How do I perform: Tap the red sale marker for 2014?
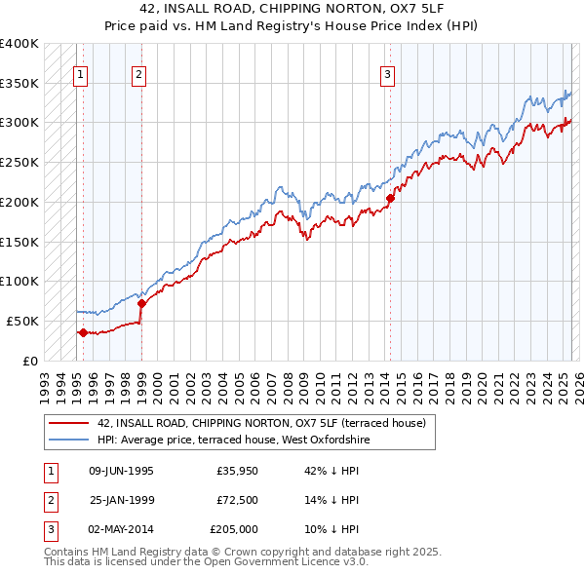(x=390, y=198)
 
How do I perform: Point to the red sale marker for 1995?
(x=83, y=332)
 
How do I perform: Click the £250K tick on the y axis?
(x=19, y=162)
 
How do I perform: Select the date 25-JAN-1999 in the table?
(x=121, y=500)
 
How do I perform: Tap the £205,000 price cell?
(x=233, y=529)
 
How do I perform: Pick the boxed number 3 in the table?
(x=48, y=529)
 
